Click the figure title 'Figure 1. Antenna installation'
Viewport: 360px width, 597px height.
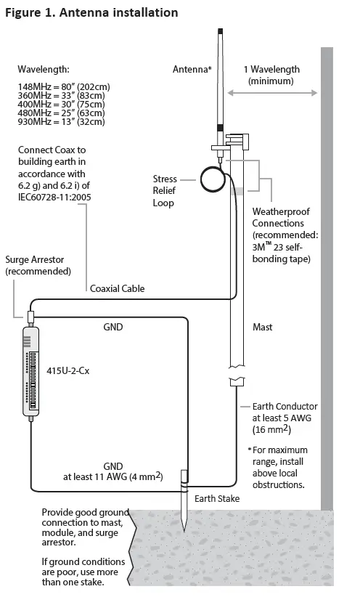[x=91, y=12]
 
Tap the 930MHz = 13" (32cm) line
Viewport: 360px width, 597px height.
[x=61, y=122]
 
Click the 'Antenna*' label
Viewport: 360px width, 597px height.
[x=192, y=70]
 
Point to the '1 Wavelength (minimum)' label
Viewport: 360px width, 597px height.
[x=272, y=76]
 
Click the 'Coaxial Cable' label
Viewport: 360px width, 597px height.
[x=117, y=288]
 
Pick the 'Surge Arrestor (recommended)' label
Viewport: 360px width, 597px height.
[x=38, y=265]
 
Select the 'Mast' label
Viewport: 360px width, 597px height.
[x=263, y=328]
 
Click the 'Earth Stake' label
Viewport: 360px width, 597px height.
[x=217, y=499]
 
